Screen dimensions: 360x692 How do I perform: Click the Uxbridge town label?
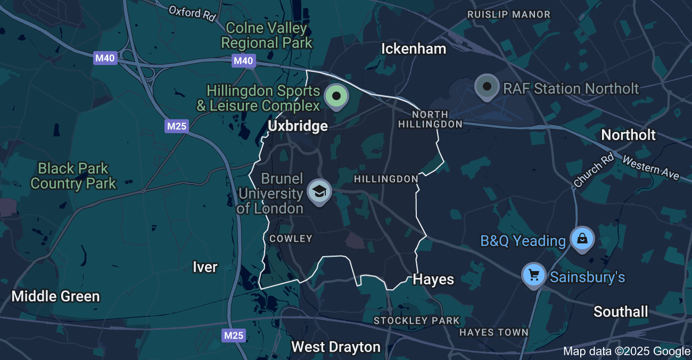click(298, 126)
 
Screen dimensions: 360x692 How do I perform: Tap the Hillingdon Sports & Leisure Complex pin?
click(336, 96)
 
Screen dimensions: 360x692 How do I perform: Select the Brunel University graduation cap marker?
click(319, 191)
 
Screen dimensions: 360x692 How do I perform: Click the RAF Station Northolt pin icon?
click(487, 86)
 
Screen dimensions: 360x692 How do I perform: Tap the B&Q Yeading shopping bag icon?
click(583, 238)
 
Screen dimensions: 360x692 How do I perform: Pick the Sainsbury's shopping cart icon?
click(534, 275)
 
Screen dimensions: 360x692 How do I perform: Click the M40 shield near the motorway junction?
click(105, 58)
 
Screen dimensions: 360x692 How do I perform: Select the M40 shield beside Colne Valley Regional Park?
click(243, 61)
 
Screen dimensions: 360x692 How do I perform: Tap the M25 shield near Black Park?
click(177, 126)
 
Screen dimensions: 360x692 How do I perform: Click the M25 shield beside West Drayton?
click(234, 335)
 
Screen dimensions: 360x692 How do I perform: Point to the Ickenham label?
click(414, 49)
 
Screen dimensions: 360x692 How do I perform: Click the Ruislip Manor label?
click(508, 14)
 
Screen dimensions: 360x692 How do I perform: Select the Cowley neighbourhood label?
click(291, 239)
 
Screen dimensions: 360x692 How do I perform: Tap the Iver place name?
click(205, 267)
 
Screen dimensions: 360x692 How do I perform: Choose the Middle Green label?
click(56, 297)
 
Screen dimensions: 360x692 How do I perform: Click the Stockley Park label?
click(416, 321)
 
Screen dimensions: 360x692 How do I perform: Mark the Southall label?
click(621, 312)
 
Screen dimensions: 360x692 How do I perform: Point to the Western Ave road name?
click(650, 168)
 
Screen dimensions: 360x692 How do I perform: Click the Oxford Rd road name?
click(192, 13)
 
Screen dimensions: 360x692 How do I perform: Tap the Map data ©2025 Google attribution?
click(627, 351)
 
